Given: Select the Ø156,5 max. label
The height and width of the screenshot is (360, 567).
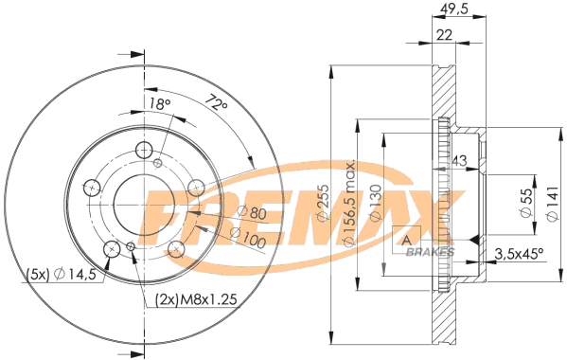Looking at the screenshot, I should pyautogui.click(x=349, y=205).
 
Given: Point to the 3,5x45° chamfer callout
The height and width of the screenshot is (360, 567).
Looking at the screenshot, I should pyautogui.click(x=521, y=253).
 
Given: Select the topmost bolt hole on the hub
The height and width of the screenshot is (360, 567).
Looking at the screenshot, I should pyautogui.click(x=144, y=150).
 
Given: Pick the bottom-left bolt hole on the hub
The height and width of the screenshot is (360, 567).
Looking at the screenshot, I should pyautogui.click(x=112, y=248).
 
